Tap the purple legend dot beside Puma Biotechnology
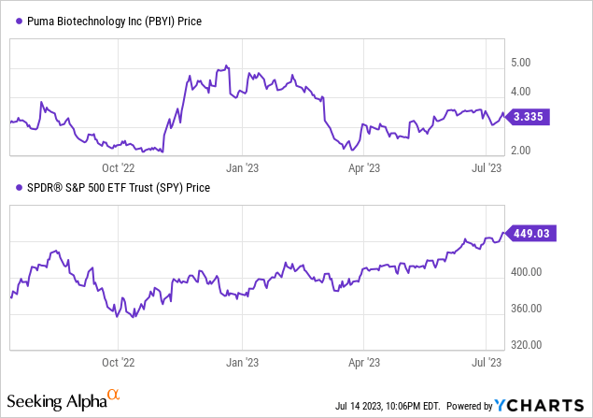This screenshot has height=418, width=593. click(x=14, y=22)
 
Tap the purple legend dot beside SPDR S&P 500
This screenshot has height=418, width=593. click(x=14, y=188)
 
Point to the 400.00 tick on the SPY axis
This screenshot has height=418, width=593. click(x=526, y=272)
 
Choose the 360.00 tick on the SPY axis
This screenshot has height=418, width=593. click(x=526, y=309)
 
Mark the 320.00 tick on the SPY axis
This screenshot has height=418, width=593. click(x=526, y=344)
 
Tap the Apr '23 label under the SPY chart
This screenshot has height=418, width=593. click(x=362, y=359)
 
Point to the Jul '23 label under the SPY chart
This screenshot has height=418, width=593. click(x=487, y=359)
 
